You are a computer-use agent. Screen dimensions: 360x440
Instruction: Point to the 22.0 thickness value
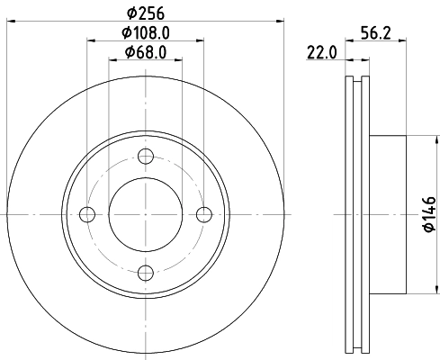point(321,53)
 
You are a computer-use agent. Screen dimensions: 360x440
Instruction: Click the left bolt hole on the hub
point(87,214)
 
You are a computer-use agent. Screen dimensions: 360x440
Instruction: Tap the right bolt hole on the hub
point(203,214)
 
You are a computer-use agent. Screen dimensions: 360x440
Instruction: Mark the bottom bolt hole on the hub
point(146,272)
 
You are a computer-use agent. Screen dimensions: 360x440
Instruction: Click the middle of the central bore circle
point(146,214)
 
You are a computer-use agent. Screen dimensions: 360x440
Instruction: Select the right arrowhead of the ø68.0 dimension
point(179,58)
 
